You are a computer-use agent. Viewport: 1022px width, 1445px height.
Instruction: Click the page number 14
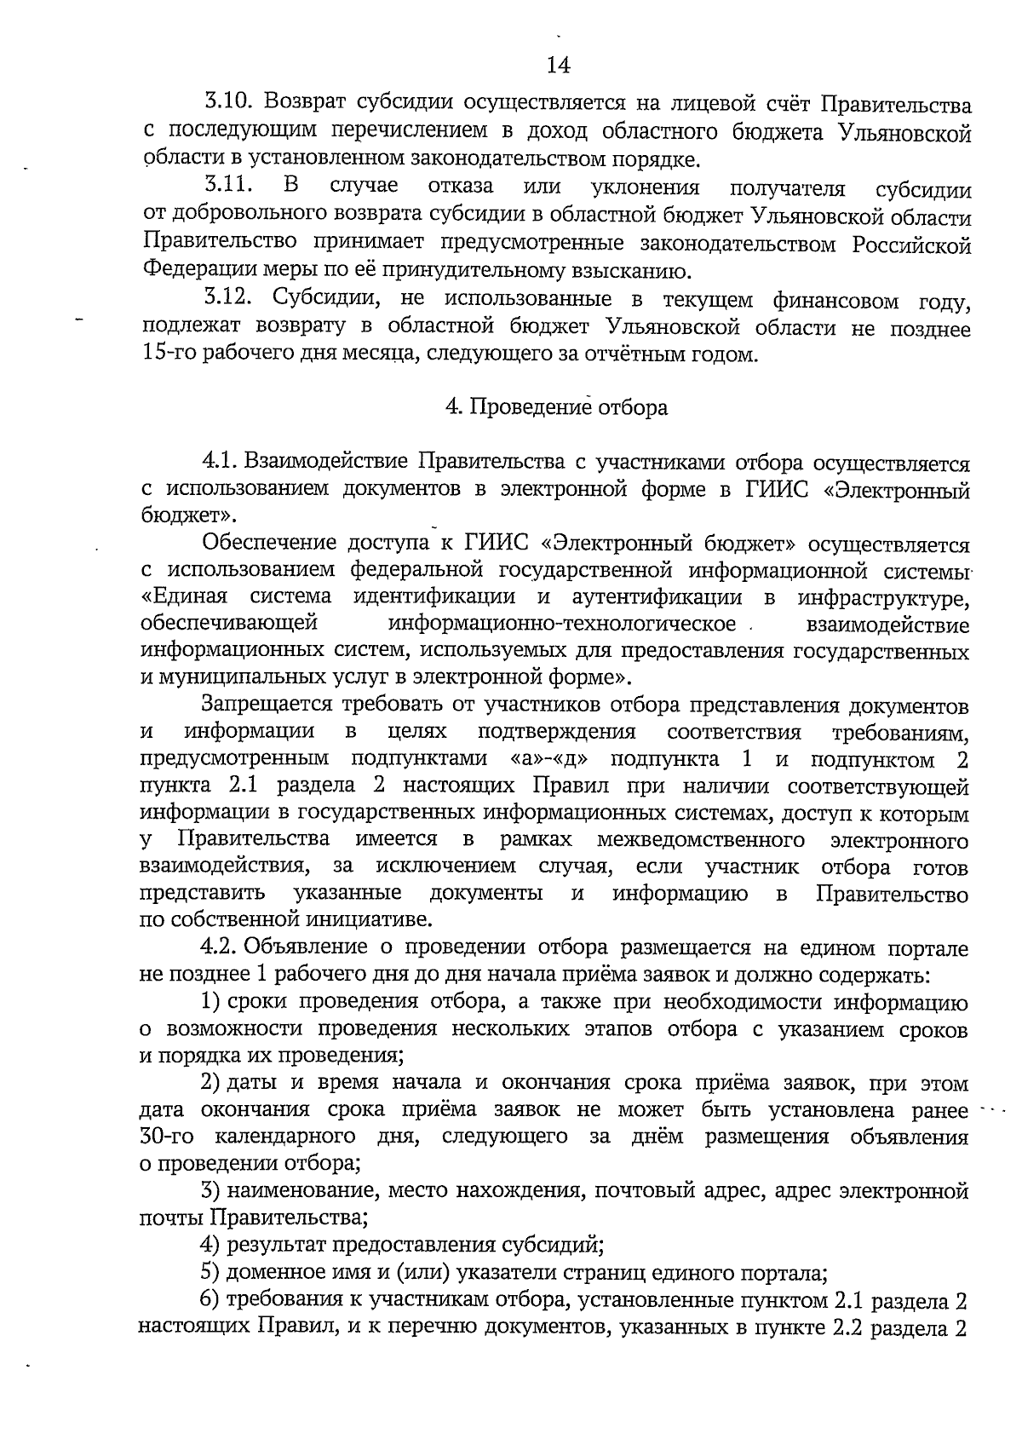coord(559,66)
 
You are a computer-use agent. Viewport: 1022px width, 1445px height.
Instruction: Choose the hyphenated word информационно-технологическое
coord(562,624)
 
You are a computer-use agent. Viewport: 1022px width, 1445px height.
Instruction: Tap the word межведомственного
coord(701,840)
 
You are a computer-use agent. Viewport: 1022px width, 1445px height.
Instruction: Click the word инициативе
coord(371,920)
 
